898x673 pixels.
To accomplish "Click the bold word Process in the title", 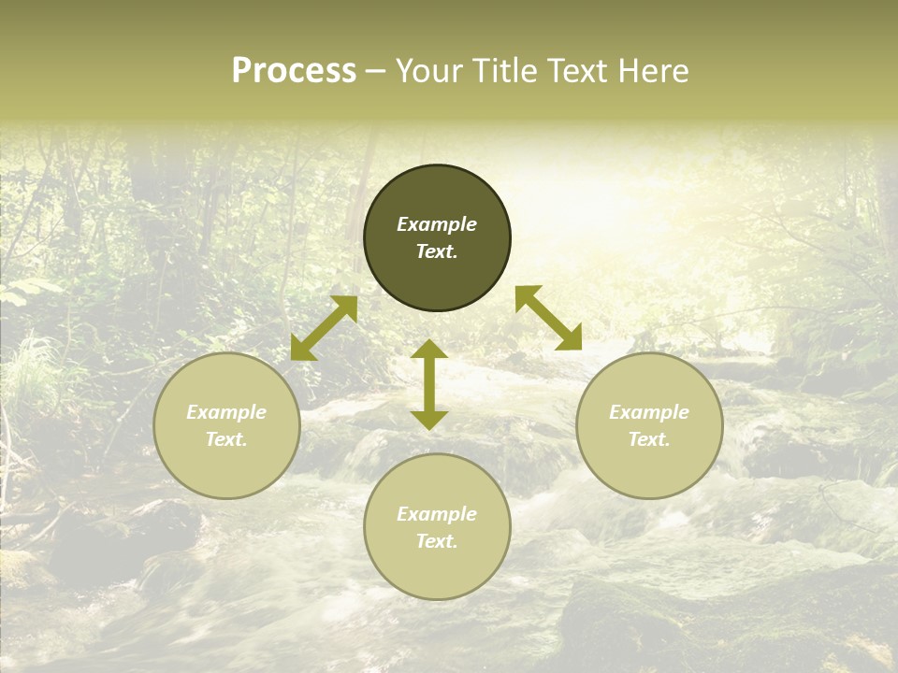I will (x=294, y=71).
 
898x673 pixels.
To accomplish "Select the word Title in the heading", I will (x=504, y=71).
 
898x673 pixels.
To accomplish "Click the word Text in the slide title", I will (x=577, y=71).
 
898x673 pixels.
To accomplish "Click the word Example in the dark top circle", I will (x=437, y=224).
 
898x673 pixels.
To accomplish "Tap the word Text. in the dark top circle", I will (x=437, y=251).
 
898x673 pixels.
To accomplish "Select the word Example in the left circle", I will (x=226, y=412).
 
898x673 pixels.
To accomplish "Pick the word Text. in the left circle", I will (x=226, y=439).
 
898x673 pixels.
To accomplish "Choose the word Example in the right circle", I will (x=649, y=412).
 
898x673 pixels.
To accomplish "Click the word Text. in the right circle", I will (x=649, y=439).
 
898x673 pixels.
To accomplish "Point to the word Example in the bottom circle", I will (x=437, y=514).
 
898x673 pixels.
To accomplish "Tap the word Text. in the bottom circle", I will (x=437, y=541).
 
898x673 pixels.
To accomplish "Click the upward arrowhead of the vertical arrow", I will (x=429, y=349).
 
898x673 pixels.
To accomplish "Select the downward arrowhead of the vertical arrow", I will (x=429, y=420).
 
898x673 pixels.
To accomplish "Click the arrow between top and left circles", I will (x=324, y=328).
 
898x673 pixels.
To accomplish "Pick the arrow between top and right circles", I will (x=549, y=318).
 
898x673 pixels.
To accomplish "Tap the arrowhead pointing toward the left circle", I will (x=302, y=349).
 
